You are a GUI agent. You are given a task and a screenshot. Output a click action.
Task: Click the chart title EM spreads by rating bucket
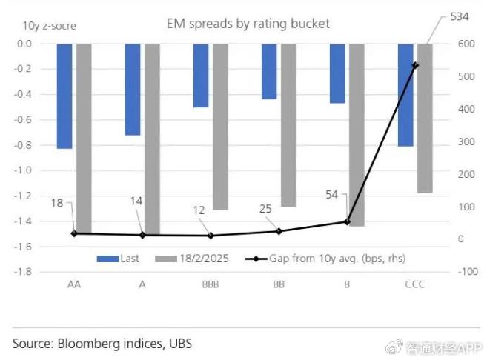click(248, 24)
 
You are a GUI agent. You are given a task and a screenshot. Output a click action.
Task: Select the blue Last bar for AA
click(64, 96)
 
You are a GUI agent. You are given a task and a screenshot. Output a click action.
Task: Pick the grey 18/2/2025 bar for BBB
click(219, 126)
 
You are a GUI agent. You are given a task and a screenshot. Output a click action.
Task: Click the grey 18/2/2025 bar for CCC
click(425, 118)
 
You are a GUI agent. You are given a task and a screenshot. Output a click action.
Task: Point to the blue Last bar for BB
click(269, 71)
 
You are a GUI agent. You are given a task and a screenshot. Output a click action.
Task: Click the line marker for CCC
click(415, 65)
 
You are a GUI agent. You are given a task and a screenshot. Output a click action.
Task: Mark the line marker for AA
click(74, 233)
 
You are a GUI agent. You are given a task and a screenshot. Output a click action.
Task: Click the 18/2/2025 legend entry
click(193, 259)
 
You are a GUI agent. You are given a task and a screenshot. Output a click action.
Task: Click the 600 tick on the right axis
click(467, 44)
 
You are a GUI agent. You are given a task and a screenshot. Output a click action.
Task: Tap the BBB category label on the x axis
click(210, 285)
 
